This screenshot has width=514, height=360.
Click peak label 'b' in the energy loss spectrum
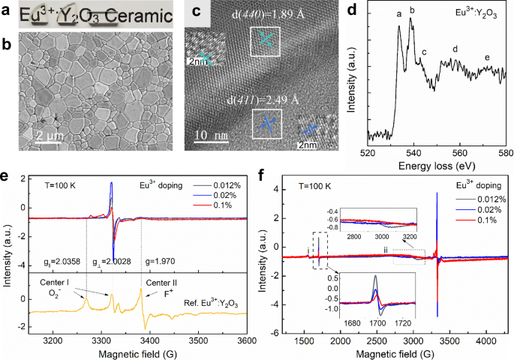[x=411, y=11]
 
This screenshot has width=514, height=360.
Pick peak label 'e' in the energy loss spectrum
[x=487, y=58]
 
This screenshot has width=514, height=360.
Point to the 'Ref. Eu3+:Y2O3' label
[x=221, y=301]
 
